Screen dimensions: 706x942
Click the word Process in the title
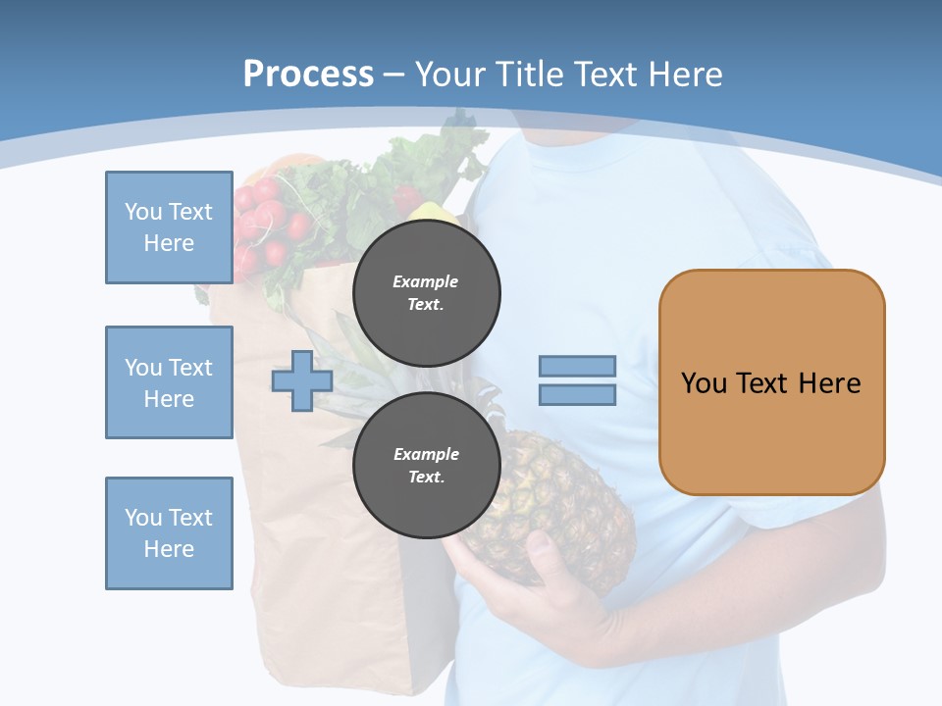coord(308,74)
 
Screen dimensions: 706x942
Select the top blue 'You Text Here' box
coord(169,227)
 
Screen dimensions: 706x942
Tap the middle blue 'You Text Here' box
coord(169,382)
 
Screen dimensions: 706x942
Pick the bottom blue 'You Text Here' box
coord(169,533)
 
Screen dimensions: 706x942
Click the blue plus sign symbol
coord(302,381)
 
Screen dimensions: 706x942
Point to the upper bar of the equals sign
coord(577,367)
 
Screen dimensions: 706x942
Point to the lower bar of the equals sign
coord(577,395)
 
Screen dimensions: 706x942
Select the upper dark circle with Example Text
coord(426,293)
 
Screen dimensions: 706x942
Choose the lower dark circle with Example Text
coord(426,466)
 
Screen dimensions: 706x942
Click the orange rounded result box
coord(771,382)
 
